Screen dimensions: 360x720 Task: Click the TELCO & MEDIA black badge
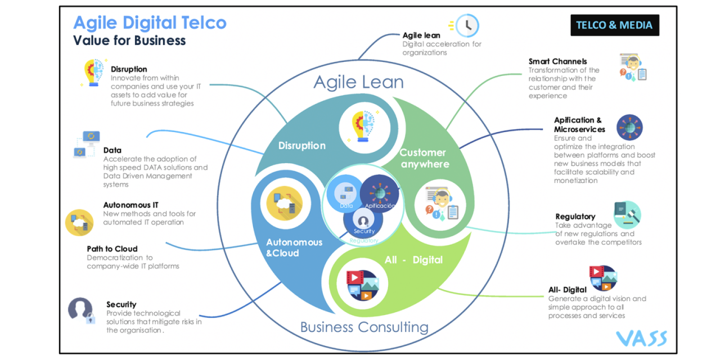pos(614,25)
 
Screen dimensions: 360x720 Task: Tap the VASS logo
pos(641,337)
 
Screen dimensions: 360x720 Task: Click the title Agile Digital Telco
pos(150,23)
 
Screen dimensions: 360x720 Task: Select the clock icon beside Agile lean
pos(466,25)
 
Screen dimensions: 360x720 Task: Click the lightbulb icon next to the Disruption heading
pos(93,73)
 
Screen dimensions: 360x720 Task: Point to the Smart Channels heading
pos(557,61)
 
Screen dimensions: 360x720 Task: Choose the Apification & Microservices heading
pos(579,124)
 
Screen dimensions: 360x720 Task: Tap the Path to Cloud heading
pos(112,249)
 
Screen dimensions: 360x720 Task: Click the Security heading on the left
pos(121,304)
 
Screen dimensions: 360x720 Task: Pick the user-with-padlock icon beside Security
pos(80,310)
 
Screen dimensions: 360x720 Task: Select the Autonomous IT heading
pos(134,205)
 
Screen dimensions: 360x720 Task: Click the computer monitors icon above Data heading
pos(87,144)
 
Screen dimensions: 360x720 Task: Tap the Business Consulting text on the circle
pos(364,327)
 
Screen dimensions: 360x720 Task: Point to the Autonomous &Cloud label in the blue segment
pos(294,247)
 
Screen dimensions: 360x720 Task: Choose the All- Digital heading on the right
pos(568,290)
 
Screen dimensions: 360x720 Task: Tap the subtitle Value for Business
pos(129,40)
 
